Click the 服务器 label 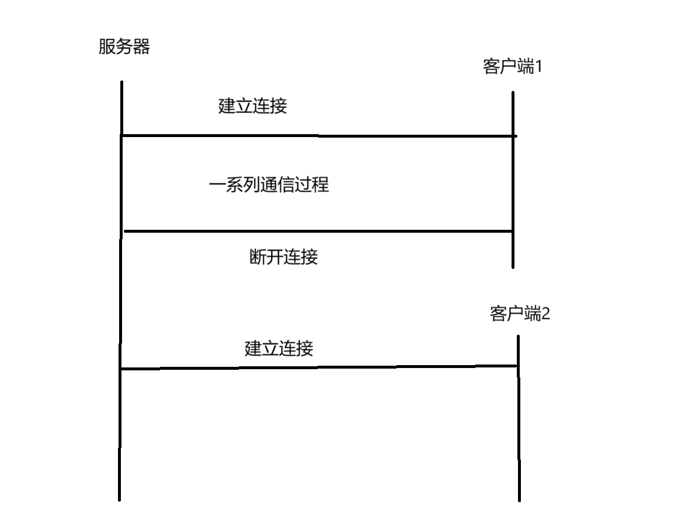pyautogui.click(x=124, y=47)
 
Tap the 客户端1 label pyautogui.click(x=513, y=67)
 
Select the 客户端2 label pyautogui.click(x=519, y=314)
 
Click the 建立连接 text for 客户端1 pyautogui.click(x=252, y=107)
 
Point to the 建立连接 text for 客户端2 pyautogui.click(x=279, y=349)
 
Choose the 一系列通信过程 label pyautogui.click(x=269, y=185)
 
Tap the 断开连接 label pyautogui.click(x=283, y=257)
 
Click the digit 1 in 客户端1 pyautogui.click(x=539, y=67)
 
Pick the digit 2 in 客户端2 pyautogui.click(x=545, y=314)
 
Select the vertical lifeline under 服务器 pyautogui.click(x=120, y=292)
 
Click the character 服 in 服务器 pyautogui.click(x=106, y=47)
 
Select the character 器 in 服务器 pyautogui.click(x=141, y=47)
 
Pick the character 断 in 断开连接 pyautogui.click(x=257, y=257)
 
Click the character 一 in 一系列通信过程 pyautogui.click(x=217, y=185)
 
